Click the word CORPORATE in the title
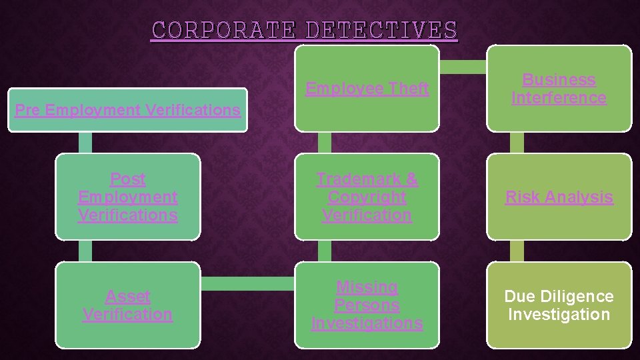[x=223, y=30]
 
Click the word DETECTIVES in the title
[x=381, y=30]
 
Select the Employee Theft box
[x=367, y=88]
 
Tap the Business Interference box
[x=559, y=88]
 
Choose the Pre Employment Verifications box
[x=127, y=110]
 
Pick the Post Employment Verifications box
[x=127, y=197]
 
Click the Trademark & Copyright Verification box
[x=367, y=197]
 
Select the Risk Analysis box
[x=559, y=197]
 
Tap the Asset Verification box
[x=127, y=305]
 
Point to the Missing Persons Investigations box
[x=367, y=305]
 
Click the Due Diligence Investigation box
[x=559, y=305]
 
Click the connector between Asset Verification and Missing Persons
[x=247, y=284]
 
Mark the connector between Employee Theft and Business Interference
[x=463, y=66]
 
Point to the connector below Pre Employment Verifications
[x=85, y=142]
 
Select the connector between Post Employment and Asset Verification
[x=85, y=251]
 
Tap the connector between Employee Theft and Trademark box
[x=325, y=142]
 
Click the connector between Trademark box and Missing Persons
[x=325, y=251]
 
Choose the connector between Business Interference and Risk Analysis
[x=517, y=142]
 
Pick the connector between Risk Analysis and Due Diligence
[x=517, y=251]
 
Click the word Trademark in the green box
[x=367, y=179]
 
